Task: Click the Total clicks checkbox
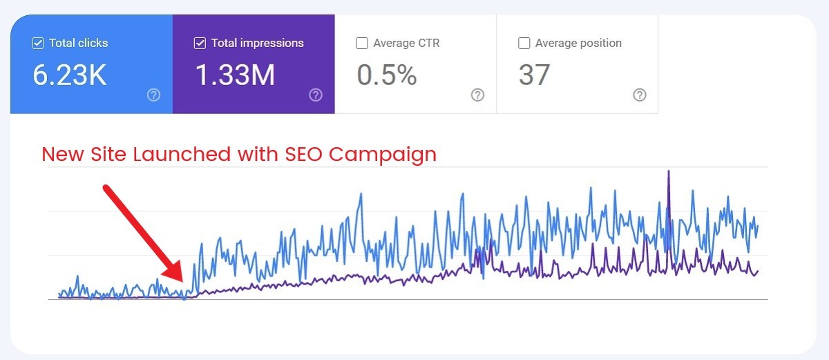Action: coord(38,44)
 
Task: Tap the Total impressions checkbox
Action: coord(200,44)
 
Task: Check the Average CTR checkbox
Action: coord(362,44)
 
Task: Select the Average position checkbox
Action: coord(524,44)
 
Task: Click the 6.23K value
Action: coord(70,75)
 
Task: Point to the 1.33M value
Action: coord(235,75)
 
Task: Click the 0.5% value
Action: coord(387,75)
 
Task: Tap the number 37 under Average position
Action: coord(534,75)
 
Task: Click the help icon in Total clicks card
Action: coord(153,95)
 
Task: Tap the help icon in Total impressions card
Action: coord(316,95)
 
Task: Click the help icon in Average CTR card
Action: coord(477,95)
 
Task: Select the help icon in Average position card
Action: coord(640,95)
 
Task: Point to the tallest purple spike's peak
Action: coord(668,171)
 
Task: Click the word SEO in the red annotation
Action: coord(304,153)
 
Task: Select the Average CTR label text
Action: coord(406,44)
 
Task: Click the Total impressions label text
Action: coord(257,44)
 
